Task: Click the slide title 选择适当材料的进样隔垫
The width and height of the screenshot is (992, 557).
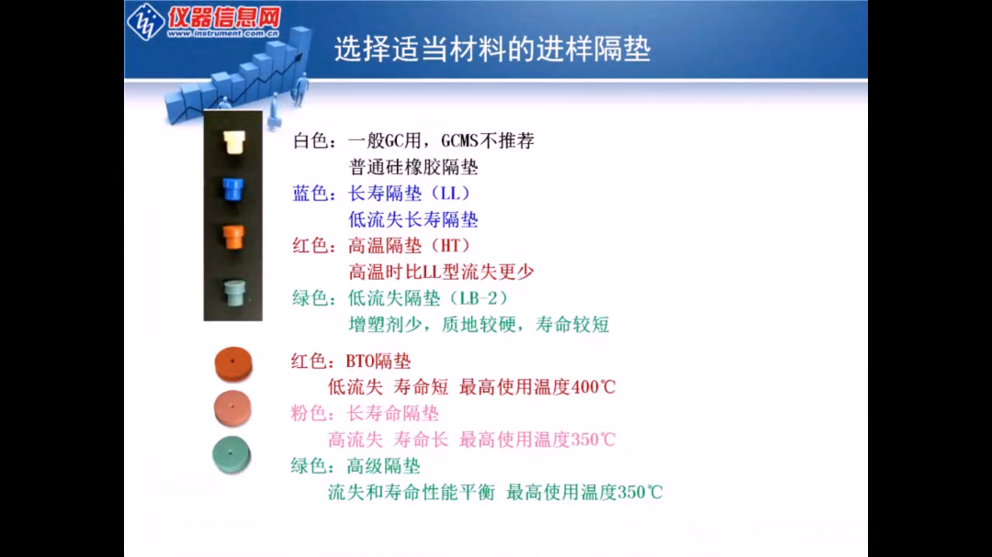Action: (492, 50)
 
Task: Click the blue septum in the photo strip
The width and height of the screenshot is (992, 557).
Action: (232, 191)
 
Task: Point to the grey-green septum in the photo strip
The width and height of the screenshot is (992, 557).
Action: (233, 290)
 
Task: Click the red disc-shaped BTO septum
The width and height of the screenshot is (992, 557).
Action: (232, 362)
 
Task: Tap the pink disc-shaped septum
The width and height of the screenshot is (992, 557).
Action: (231, 407)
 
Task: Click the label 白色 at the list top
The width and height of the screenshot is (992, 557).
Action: (310, 141)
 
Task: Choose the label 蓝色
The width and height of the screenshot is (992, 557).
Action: (310, 194)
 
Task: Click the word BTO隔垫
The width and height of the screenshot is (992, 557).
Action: (378, 361)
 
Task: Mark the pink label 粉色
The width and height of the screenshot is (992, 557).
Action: (309, 413)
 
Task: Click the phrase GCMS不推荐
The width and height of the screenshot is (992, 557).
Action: (488, 141)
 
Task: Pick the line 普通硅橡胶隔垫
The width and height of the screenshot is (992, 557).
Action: (413, 167)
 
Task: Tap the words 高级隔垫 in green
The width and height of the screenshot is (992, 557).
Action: (383, 465)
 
